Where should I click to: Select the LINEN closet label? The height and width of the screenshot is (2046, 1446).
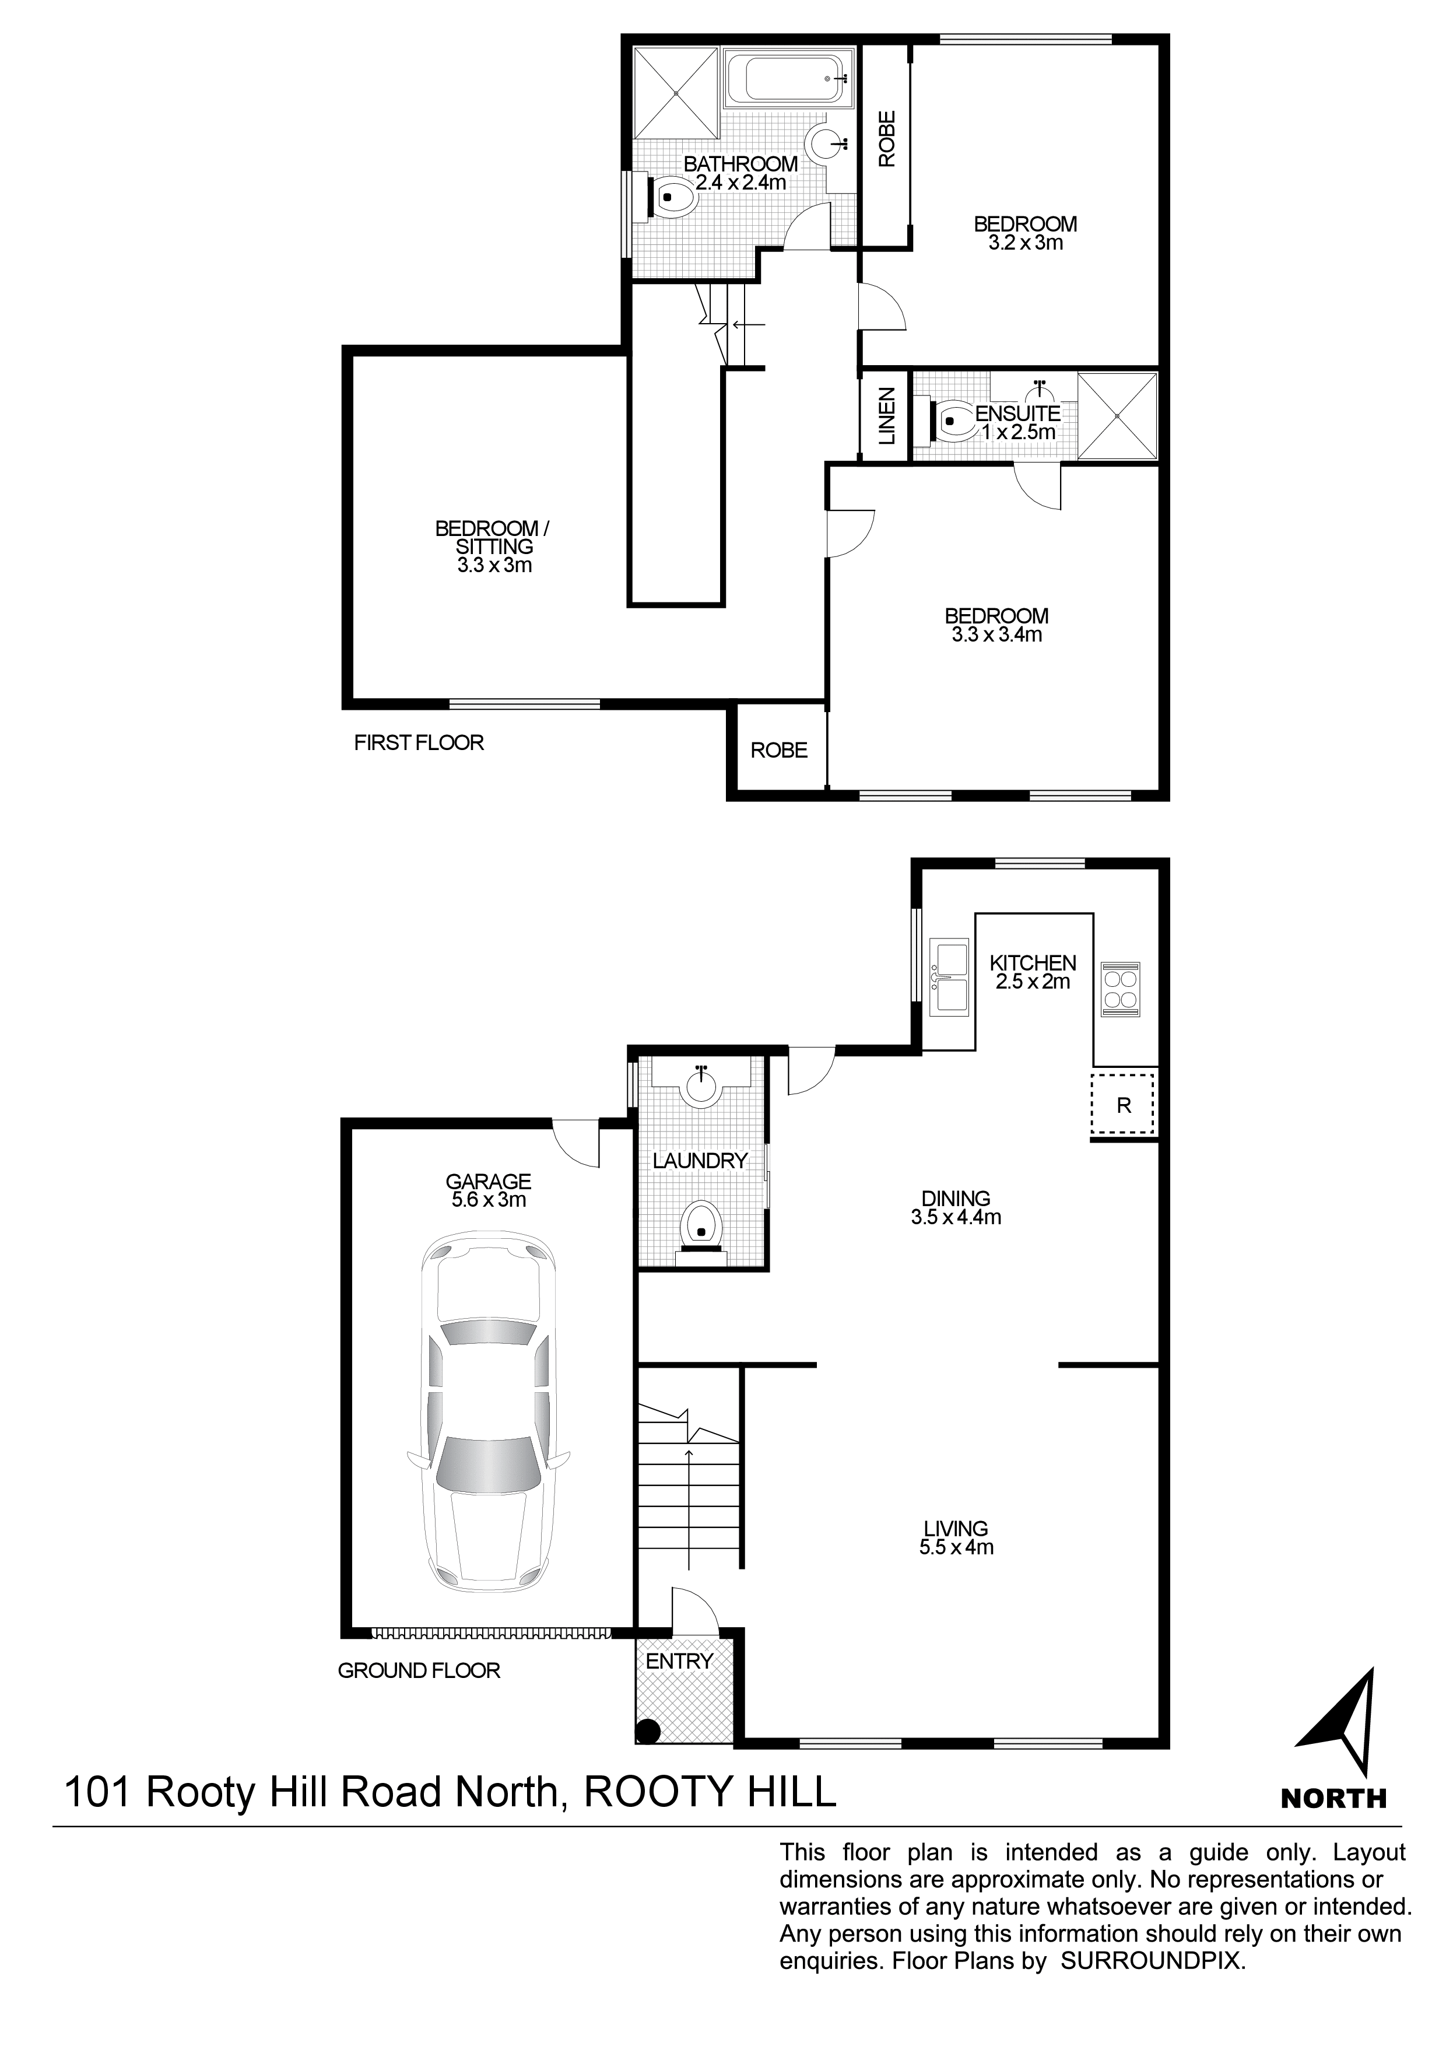(886, 416)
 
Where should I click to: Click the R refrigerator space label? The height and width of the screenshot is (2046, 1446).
(1124, 1106)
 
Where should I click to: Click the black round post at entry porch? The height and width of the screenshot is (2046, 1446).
(648, 1732)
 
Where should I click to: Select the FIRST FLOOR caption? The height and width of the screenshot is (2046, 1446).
(419, 742)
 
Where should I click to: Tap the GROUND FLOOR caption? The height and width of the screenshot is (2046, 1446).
(419, 1671)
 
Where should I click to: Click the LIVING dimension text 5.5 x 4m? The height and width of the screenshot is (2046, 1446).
(956, 1548)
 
